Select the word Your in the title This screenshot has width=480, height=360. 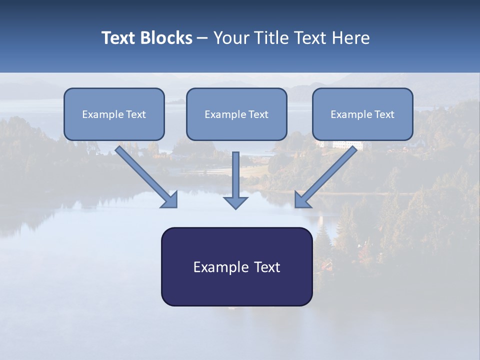(230, 38)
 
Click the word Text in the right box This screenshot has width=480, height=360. (384, 114)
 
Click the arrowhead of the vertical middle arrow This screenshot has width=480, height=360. (235, 202)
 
